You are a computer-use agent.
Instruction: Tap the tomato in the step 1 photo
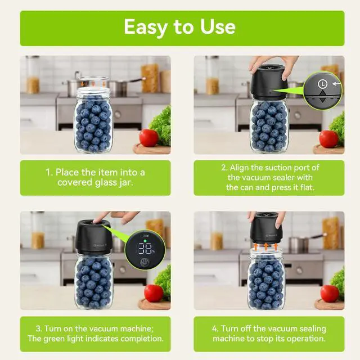(148, 137)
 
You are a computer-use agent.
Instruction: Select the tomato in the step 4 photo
(330, 294)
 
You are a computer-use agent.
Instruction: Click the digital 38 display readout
(146, 249)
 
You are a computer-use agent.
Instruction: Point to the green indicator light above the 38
(145, 241)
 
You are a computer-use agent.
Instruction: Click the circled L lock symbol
(322, 84)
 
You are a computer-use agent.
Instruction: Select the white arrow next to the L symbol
(336, 84)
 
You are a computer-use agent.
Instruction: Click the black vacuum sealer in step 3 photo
(93, 237)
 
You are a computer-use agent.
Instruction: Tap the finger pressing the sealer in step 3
(101, 217)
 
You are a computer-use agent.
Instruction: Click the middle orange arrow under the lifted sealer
(266, 246)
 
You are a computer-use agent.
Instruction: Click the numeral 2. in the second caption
(224, 168)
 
